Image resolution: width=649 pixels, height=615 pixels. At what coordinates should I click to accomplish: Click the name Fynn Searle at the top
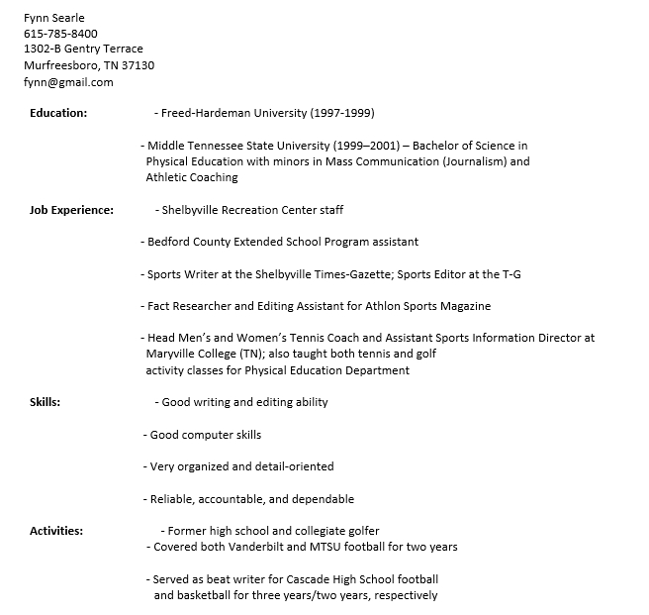[x=54, y=18]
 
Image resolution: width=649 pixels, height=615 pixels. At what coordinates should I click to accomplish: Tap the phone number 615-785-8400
[x=60, y=34]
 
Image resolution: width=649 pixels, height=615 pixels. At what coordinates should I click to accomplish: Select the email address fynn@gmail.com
[x=68, y=81]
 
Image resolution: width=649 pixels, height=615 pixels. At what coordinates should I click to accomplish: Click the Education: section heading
[x=58, y=113]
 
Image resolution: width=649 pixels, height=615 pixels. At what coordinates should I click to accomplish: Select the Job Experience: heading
[x=71, y=210]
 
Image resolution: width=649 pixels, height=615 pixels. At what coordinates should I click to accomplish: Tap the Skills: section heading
[x=46, y=402]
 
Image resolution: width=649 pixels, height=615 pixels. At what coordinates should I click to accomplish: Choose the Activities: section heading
[x=56, y=531]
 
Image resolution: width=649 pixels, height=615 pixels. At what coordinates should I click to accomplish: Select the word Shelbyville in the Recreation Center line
[x=194, y=210]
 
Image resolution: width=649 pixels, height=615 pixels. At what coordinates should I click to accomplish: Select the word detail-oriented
[x=295, y=466]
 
